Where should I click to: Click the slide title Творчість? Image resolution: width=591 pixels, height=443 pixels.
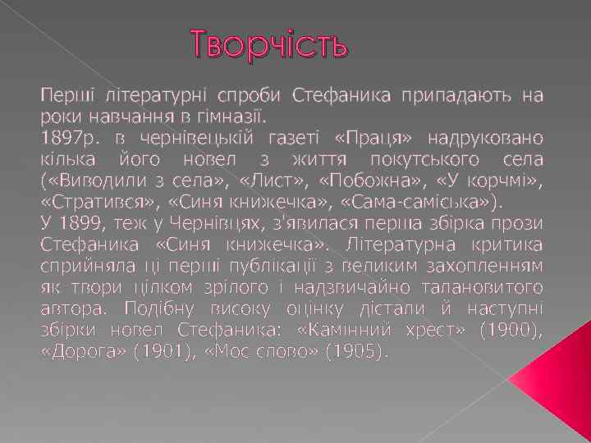pos(270,43)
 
